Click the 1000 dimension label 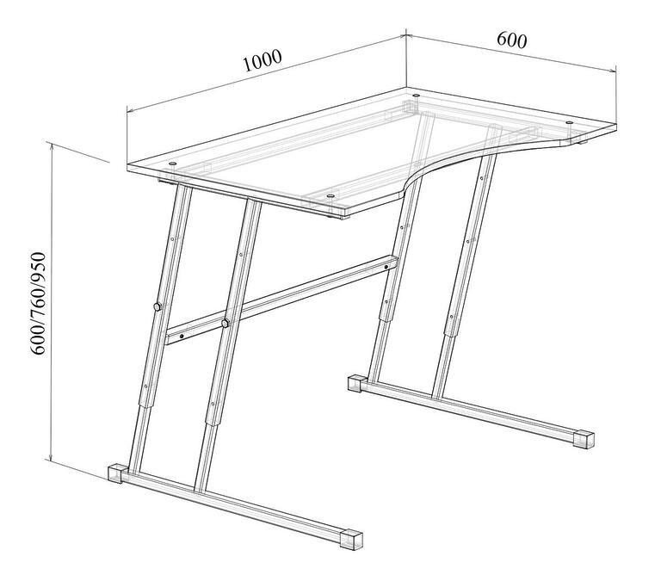[x=263, y=61]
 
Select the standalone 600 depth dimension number [x=512, y=40]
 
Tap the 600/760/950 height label [x=38, y=303]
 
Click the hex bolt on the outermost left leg [x=158, y=306]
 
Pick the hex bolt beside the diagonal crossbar [x=225, y=324]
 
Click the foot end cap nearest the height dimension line [x=115, y=474]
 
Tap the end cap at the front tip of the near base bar [x=351, y=540]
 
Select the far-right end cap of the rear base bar [x=584, y=440]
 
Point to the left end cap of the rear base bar [x=355, y=384]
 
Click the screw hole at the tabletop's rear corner [x=416, y=96]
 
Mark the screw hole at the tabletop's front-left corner [x=172, y=164]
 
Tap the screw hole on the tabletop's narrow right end [x=570, y=123]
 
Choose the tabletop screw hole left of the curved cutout [x=330, y=196]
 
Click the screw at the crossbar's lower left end [x=182, y=336]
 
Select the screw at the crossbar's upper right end [x=386, y=267]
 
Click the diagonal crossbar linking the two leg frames [x=281, y=301]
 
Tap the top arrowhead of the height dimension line [x=52, y=146]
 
